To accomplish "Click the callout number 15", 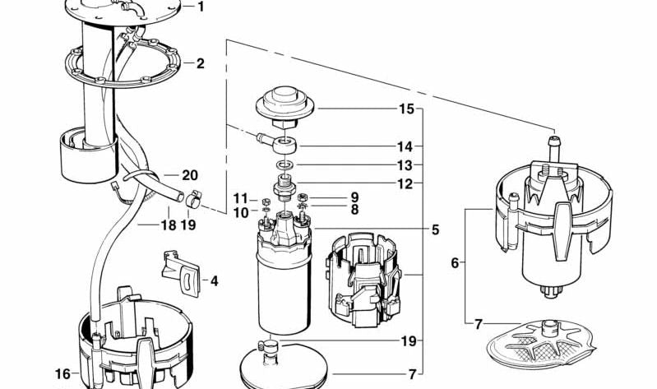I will (406, 109).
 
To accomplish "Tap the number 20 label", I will (190, 175).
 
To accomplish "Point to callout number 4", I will (214, 281).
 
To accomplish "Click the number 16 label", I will (62, 374).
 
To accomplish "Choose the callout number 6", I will (455, 263).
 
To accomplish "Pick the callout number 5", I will (435, 230).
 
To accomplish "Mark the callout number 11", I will (240, 198).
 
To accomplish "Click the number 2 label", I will (200, 63).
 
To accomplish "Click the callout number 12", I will (405, 184).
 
